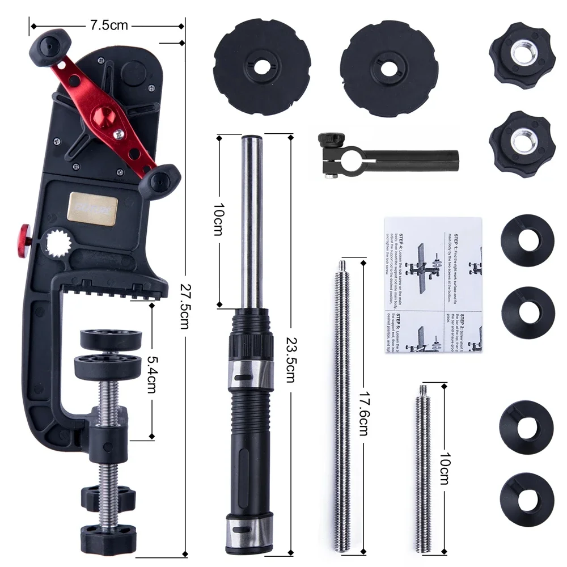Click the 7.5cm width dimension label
click(108, 26)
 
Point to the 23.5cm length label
click(290, 358)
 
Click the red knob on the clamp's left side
click(25, 232)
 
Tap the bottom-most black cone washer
click(526, 493)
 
